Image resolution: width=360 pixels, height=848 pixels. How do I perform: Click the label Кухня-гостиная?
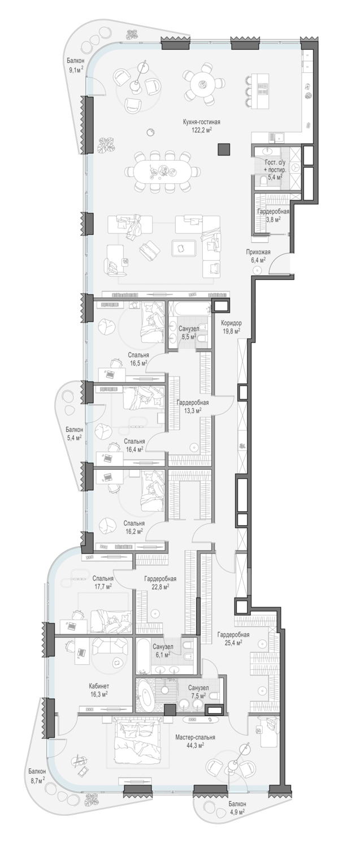[201, 122]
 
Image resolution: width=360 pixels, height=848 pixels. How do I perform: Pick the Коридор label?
[232, 324]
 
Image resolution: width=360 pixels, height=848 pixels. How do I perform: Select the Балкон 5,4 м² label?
[74, 434]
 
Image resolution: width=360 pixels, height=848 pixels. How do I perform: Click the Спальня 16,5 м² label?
[138, 359]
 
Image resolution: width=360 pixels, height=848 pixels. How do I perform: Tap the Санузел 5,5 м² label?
[188, 333]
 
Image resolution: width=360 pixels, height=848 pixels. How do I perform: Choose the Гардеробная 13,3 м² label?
[193, 406]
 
